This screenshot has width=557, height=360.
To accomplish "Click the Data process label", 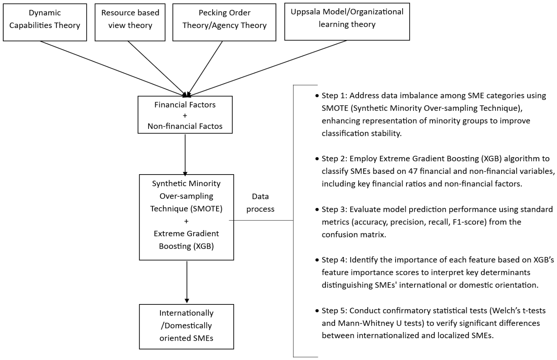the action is click(x=260, y=203).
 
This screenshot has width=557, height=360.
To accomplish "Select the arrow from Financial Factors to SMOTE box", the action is click(x=185, y=155).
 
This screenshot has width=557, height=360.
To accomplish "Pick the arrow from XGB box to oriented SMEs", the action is click(x=187, y=282).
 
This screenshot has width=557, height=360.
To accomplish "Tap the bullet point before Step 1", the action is click(x=317, y=96).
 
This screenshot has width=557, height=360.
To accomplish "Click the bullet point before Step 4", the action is click(x=317, y=260).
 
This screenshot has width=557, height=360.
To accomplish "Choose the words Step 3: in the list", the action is click(x=334, y=210).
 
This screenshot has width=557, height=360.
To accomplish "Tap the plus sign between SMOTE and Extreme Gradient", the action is click(x=186, y=221).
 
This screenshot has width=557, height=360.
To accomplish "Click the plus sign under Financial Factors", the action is click(x=185, y=115).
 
